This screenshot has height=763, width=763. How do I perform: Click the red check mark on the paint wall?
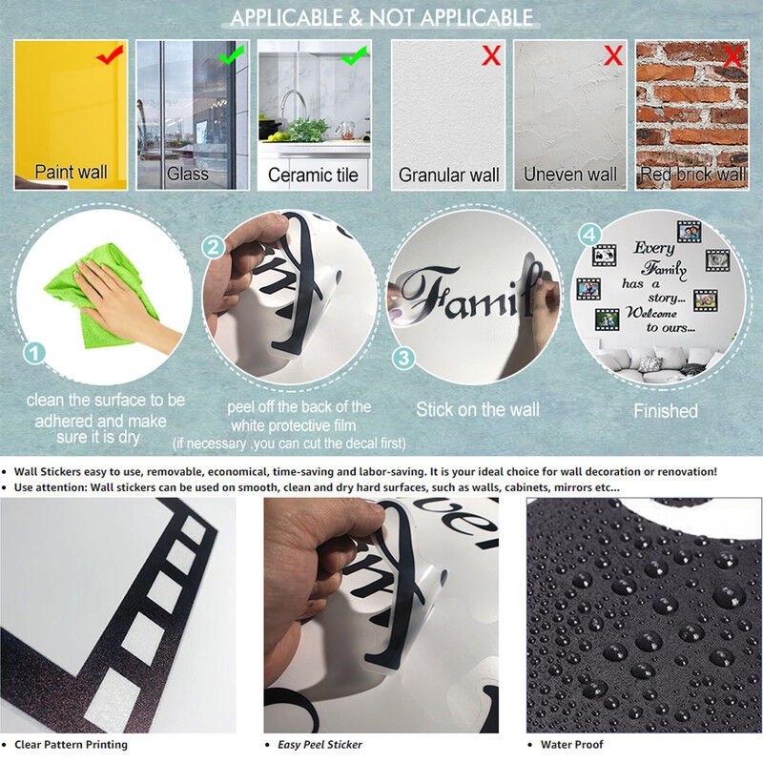[x=110, y=54]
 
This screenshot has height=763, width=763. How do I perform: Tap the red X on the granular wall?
[x=491, y=55]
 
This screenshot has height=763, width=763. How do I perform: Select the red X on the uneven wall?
[x=613, y=55]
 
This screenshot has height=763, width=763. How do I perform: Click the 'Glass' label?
[x=187, y=174]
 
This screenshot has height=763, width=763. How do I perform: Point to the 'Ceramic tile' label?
[x=313, y=175]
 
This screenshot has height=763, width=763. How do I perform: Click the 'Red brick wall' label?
[x=693, y=174]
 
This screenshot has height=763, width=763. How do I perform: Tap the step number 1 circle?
[x=34, y=353]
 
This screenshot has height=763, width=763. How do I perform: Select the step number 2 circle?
[x=213, y=248]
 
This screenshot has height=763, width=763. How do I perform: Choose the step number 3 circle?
[x=403, y=359]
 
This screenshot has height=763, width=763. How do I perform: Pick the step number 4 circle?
[x=589, y=235]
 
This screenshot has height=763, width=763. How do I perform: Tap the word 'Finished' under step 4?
[x=666, y=411]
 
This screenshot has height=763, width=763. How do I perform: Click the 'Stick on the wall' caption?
[x=478, y=410]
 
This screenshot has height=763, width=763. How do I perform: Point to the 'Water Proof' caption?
[x=571, y=745]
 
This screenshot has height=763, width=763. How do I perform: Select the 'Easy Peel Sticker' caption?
[x=320, y=745]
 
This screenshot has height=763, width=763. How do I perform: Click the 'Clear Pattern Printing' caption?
[x=71, y=745]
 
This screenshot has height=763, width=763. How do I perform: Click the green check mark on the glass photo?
[x=232, y=55]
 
